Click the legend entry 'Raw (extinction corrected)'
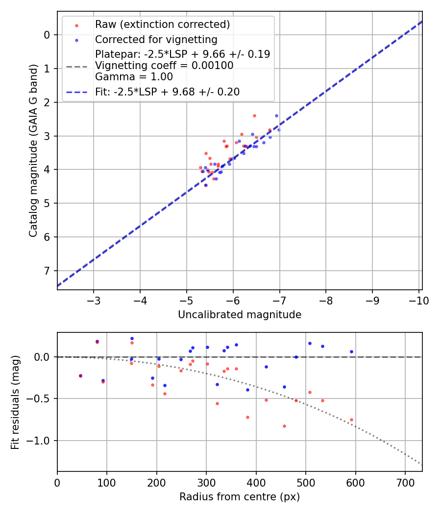162,24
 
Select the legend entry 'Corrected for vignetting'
156,39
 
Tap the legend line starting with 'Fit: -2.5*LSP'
167,92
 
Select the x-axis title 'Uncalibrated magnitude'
240,315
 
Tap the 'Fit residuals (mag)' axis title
16,402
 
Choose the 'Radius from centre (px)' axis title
240,497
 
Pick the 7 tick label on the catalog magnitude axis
48,271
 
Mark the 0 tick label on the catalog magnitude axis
48,35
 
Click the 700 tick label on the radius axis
405,482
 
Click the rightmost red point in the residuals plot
351,420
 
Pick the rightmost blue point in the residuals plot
351,351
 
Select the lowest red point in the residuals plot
284,426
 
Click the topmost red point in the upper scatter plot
254,116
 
